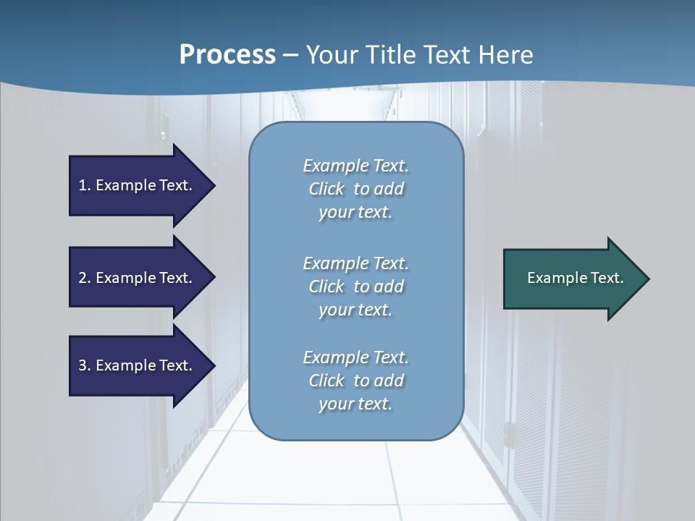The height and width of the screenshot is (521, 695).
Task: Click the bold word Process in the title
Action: [227, 55]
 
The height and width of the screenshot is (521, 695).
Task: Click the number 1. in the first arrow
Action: [85, 186]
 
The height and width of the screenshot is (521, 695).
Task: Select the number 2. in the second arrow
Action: [85, 278]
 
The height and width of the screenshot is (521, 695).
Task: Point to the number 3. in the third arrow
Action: [85, 365]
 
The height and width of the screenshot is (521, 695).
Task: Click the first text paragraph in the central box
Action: [355, 189]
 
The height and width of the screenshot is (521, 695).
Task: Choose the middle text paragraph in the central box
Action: [355, 287]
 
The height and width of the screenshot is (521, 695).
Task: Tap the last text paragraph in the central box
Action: [355, 381]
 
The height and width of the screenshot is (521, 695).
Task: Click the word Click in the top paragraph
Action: [327, 189]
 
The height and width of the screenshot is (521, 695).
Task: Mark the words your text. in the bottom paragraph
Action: [355, 404]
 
